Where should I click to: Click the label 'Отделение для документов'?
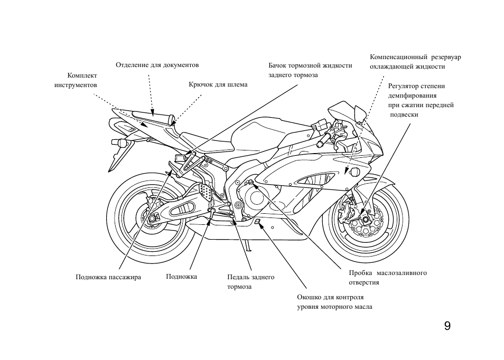pyautogui.click(x=157, y=65)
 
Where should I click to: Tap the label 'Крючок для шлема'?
pyautogui.click(x=218, y=84)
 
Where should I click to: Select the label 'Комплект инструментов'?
pyautogui.click(x=76, y=80)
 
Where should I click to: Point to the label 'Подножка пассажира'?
pyautogui.click(x=108, y=277)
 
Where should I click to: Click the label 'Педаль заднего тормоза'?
pyautogui.click(x=250, y=281)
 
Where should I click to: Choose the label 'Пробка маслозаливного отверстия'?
pyautogui.click(x=387, y=278)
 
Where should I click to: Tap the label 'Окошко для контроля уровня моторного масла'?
pyautogui.click(x=334, y=302)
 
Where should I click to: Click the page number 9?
pyautogui.click(x=447, y=326)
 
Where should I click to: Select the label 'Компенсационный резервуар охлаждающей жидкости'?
pyautogui.click(x=415, y=61)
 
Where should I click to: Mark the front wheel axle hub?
pyautogui.click(x=364, y=218)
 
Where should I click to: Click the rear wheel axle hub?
pyautogui.click(x=152, y=219)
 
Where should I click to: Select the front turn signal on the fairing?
pyautogui.click(x=354, y=172)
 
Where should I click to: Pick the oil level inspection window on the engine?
pyautogui.click(x=257, y=222)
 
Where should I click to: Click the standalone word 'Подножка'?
pyautogui.click(x=181, y=276)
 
